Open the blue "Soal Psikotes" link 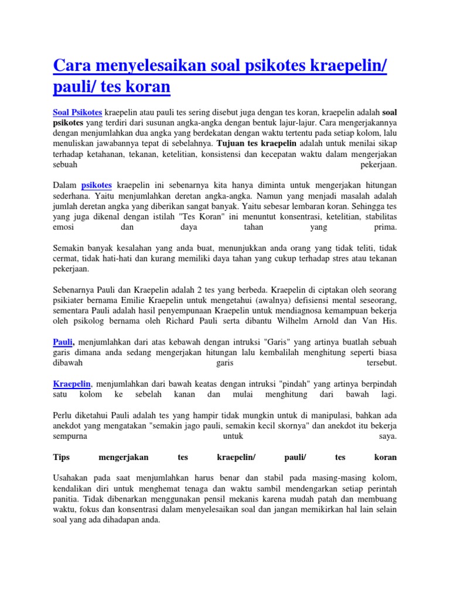click(x=77, y=111)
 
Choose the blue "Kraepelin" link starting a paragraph click(x=71, y=383)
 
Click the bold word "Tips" click(x=61, y=456)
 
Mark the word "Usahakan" click(x=72, y=478)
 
